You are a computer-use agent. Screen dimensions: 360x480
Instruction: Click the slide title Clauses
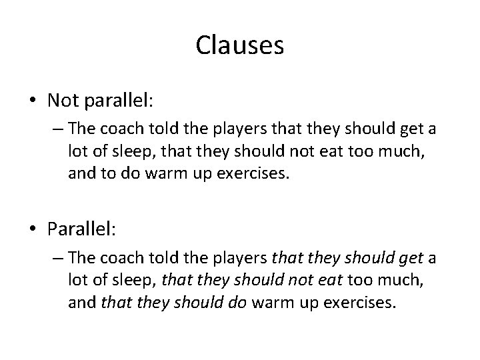[240, 45]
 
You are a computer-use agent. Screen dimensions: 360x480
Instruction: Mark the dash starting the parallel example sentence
[56, 258]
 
